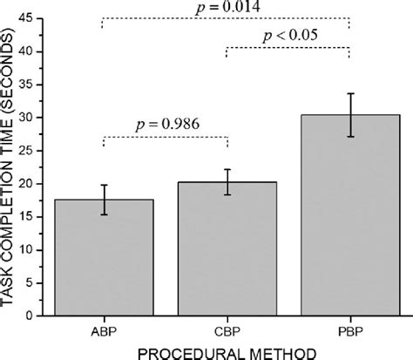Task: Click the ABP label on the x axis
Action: (x=104, y=331)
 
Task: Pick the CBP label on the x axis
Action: (x=227, y=331)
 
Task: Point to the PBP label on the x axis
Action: (x=349, y=331)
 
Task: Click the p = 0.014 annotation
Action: (x=226, y=7)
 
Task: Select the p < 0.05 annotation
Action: (x=288, y=36)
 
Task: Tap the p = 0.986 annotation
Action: (x=166, y=123)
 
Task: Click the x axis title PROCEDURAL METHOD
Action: (x=227, y=351)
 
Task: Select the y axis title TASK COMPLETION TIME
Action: (x=10, y=166)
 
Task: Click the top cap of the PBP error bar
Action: (x=349, y=93)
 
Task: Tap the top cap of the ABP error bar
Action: (x=104, y=185)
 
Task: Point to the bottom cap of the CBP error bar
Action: (x=227, y=194)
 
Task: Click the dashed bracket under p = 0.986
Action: (x=166, y=137)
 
